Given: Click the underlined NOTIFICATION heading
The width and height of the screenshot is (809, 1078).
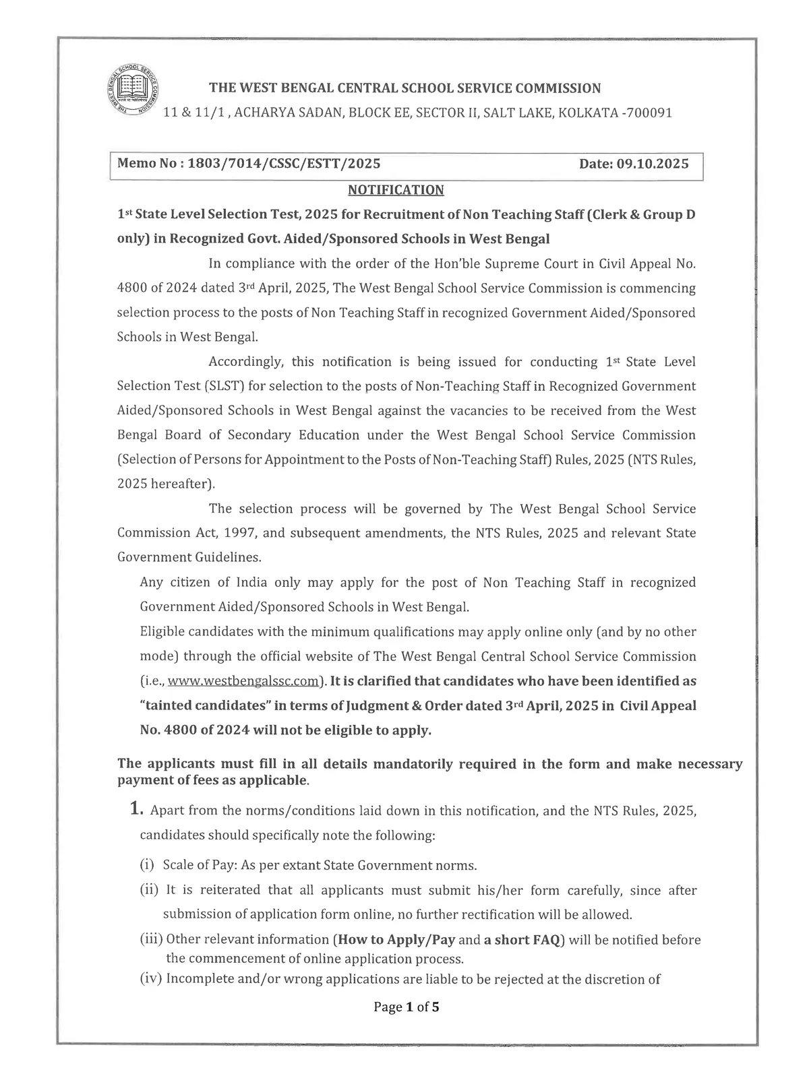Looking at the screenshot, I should [x=396, y=190].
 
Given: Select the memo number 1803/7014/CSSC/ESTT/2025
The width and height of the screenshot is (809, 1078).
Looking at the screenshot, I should [x=284, y=164].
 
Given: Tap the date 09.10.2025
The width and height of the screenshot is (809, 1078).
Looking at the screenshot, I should [x=651, y=164].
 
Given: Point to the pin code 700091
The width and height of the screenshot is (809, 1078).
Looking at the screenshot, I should [x=649, y=113].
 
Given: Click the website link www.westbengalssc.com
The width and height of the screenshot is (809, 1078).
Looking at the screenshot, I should [x=243, y=681].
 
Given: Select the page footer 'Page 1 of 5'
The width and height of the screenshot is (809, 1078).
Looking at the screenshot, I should [x=407, y=1008].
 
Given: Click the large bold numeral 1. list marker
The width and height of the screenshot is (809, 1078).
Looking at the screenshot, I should [x=137, y=809].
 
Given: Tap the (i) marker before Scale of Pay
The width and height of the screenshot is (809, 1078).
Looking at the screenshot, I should [x=147, y=865].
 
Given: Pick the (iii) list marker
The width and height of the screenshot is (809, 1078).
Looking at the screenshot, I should [x=151, y=939].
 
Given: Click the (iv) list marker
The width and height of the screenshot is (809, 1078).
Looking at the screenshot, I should [x=151, y=980].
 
